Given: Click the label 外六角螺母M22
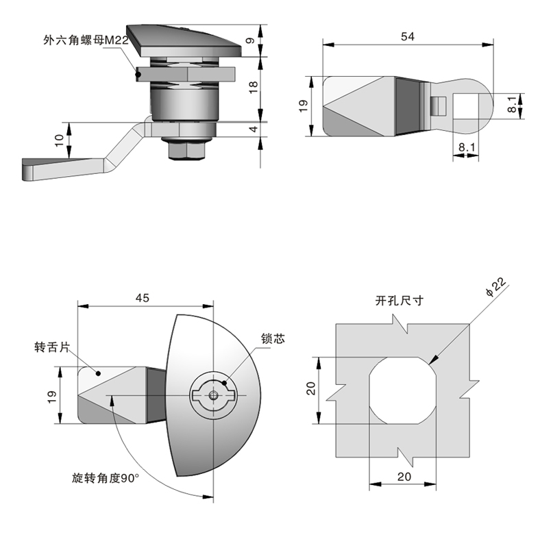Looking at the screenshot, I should (x=85, y=42).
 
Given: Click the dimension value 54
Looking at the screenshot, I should (x=407, y=37).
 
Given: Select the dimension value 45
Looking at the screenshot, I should (x=143, y=297).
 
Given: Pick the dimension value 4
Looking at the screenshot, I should (x=272, y=129).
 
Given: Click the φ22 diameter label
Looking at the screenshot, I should (x=495, y=288).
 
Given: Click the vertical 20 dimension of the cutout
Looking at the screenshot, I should (x=310, y=389).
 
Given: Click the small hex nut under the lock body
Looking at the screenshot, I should (x=186, y=148).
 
